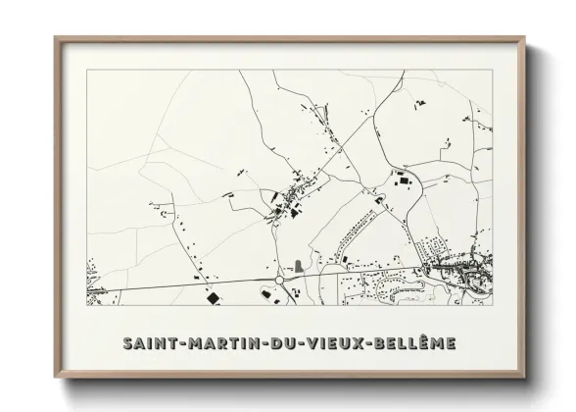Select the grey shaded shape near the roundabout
[298, 265]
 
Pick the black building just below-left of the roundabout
[262, 291]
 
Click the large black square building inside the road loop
[399, 180]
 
